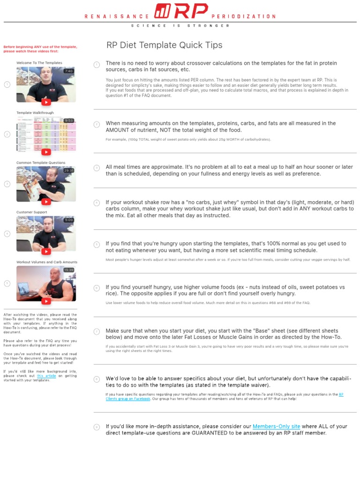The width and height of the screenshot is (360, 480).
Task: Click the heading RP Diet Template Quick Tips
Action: point(165,45)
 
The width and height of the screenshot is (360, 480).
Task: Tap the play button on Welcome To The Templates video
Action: point(46,102)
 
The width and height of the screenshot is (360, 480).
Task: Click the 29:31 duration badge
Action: point(69,171)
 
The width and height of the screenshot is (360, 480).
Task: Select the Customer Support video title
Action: point(31,212)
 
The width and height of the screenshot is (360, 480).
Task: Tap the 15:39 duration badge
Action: point(69,270)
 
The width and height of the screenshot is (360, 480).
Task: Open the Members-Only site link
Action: point(276,427)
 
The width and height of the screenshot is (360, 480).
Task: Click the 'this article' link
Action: point(46,376)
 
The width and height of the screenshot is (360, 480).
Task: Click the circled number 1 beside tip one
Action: point(97,64)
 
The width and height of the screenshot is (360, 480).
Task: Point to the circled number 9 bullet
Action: point(97,427)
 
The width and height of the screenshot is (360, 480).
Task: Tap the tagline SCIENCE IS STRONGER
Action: point(180,26)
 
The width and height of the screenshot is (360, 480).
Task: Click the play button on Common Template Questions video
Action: point(46,202)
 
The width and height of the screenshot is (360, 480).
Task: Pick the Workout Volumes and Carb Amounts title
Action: point(47,262)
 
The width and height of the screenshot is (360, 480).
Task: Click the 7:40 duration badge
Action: point(69,71)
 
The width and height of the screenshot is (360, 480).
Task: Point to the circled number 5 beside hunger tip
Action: point(97,244)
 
